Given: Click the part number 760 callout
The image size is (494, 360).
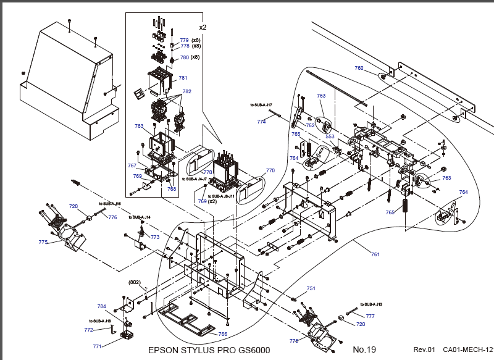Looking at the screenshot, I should [x=359, y=68].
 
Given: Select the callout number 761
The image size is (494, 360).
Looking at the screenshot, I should [x=375, y=254].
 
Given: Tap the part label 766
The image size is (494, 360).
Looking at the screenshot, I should [x=222, y=334].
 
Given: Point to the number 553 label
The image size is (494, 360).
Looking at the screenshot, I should [x=330, y=136].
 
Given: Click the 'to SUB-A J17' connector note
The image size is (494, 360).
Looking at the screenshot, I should [x=261, y=105].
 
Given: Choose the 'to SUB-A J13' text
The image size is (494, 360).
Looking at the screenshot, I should [x=372, y=304].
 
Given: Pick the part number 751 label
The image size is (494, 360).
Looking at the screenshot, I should [x=311, y=288].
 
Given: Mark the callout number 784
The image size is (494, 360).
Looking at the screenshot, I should [x=102, y=307].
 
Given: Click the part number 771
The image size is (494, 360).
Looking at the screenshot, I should [x=97, y=347].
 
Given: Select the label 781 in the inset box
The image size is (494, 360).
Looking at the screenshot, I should [x=183, y=78].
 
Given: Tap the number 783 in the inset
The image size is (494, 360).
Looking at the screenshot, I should [x=139, y=126].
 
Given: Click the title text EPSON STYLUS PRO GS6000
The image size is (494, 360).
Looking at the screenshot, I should [x=209, y=350].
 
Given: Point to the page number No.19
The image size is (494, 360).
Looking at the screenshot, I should [x=364, y=350].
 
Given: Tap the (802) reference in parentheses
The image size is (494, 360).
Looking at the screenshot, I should [x=135, y=282].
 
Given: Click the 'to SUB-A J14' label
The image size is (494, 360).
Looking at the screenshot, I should [x=140, y=217].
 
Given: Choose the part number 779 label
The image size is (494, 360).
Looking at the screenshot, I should [x=185, y=40].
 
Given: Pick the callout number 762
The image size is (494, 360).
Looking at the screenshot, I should [x=310, y=125].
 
